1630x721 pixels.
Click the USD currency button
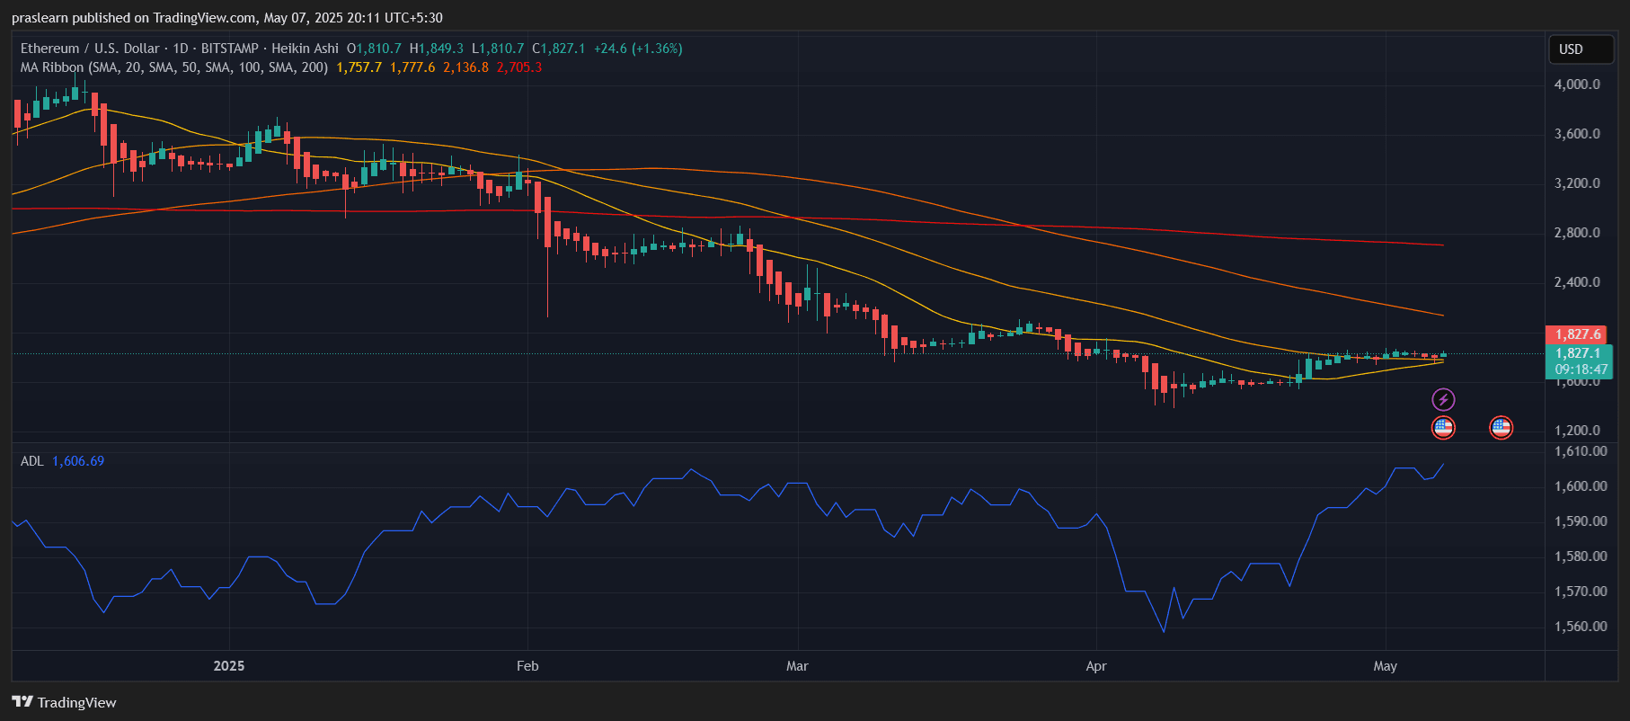click(x=1571, y=49)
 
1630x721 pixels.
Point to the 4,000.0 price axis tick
click(x=1577, y=85)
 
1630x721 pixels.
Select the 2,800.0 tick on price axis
click(x=1577, y=233)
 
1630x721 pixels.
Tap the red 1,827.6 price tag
click(x=1578, y=334)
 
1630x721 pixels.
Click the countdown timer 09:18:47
click(x=1581, y=369)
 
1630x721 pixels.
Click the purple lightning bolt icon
click(x=1443, y=399)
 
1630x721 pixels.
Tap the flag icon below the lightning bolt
click(x=1443, y=428)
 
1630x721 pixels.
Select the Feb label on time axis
click(x=527, y=666)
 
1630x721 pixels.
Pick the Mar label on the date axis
click(x=797, y=666)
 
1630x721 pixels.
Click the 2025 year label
click(x=229, y=666)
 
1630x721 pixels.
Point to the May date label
click(x=1385, y=666)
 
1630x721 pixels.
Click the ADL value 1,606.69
click(x=78, y=461)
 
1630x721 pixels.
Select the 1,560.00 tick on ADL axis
click(x=1581, y=627)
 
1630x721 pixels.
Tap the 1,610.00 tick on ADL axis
click(x=1581, y=451)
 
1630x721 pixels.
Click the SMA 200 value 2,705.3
click(x=519, y=67)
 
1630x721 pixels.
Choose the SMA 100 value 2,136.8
click(x=465, y=67)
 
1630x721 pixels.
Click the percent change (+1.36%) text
click(x=657, y=49)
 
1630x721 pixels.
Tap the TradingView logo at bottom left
click(x=65, y=702)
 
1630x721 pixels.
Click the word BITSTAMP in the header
click(x=229, y=49)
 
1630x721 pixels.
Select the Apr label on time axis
click(x=1095, y=666)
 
